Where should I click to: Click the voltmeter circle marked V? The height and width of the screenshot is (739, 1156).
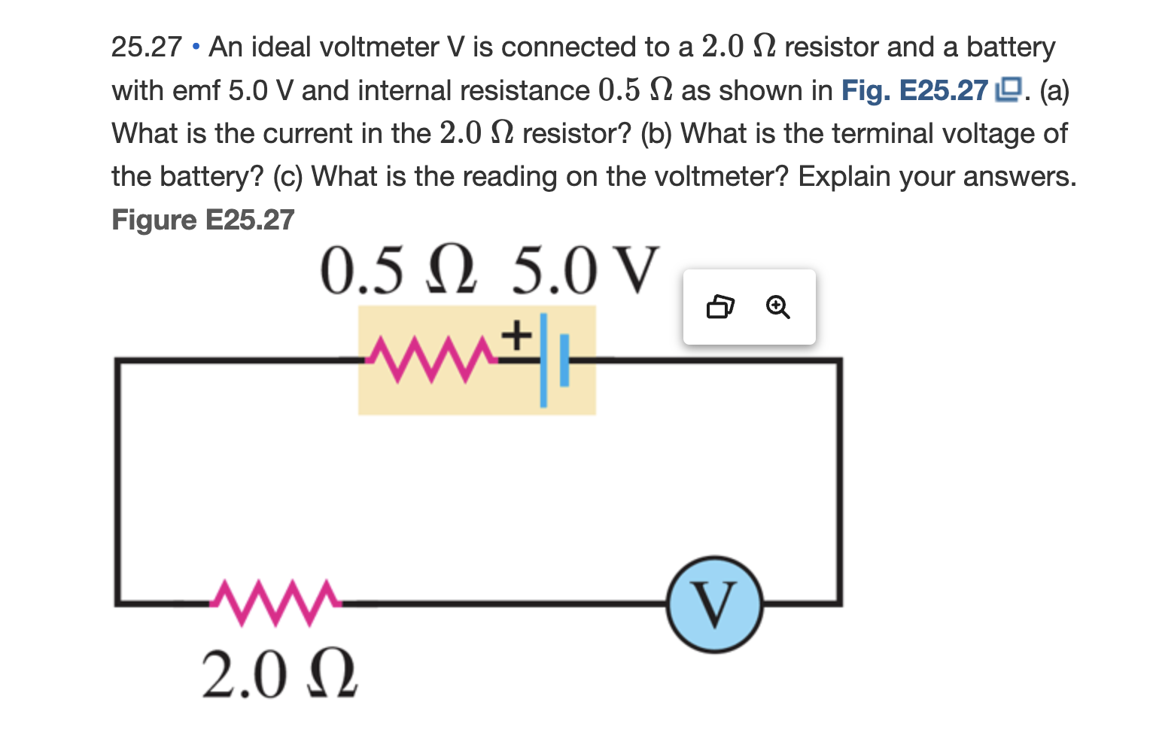[714, 604]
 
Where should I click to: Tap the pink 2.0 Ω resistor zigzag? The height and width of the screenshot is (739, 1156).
[275, 602]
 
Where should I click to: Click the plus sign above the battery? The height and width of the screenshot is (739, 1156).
[516, 335]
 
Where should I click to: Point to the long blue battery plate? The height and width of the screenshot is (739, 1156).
[543, 360]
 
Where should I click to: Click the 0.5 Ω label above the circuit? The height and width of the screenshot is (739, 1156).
[399, 271]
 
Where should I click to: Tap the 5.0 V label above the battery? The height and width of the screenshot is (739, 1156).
[586, 271]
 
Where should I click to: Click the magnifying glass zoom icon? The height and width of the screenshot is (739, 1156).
[777, 307]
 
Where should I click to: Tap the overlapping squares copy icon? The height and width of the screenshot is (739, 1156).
[720, 307]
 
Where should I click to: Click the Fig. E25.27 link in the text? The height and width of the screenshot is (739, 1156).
[914, 90]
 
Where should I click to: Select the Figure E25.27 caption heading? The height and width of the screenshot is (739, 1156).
[202, 220]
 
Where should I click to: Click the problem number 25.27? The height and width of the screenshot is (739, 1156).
[146, 47]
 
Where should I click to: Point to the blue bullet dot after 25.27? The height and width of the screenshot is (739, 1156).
[196, 47]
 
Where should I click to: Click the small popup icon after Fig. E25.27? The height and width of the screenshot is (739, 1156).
[1008, 90]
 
